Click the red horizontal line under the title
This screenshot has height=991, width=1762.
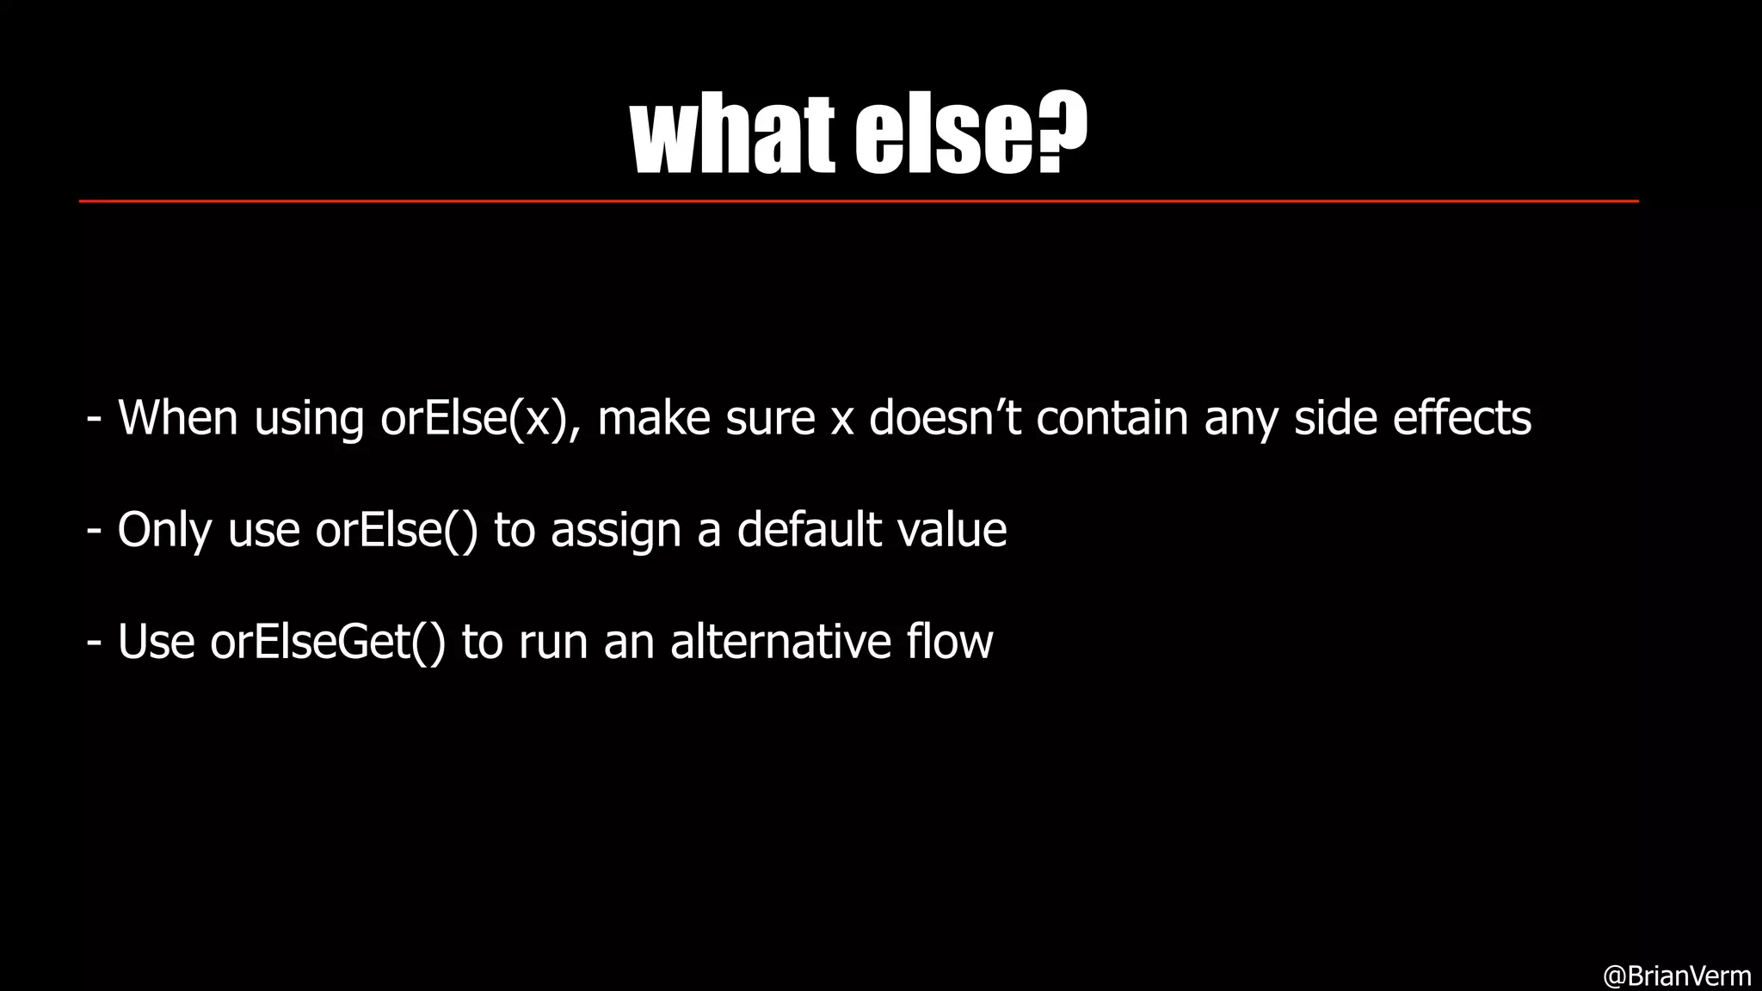click(x=859, y=201)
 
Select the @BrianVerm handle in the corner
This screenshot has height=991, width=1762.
click(x=1676, y=976)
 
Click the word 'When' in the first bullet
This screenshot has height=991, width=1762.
click(x=177, y=418)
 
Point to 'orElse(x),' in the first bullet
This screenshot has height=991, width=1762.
click(x=480, y=418)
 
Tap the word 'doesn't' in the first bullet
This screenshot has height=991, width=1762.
click(x=944, y=418)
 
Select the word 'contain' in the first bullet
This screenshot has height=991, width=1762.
click(x=1112, y=418)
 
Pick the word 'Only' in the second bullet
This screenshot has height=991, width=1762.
click(x=163, y=530)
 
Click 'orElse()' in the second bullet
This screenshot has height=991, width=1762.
click(x=396, y=530)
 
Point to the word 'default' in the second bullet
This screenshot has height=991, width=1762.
click(x=809, y=529)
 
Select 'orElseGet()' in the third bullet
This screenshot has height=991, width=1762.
click(x=328, y=642)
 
